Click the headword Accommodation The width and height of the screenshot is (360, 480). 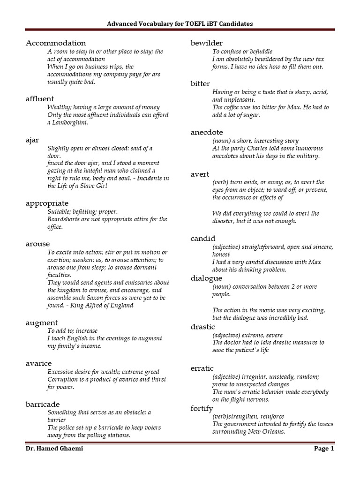click(x=56, y=43)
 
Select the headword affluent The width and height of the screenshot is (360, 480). click(x=40, y=98)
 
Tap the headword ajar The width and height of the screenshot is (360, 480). click(x=32, y=140)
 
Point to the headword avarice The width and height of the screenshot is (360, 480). click(x=39, y=363)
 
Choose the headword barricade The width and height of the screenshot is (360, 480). click(x=43, y=404)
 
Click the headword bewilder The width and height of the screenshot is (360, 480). click(x=207, y=43)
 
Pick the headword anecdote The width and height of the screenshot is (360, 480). click(x=207, y=132)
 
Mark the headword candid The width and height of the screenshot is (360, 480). click(x=202, y=238)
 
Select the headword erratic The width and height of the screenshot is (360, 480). click(x=202, y=368)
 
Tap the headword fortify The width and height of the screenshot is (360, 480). click(x=202, y=408)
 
